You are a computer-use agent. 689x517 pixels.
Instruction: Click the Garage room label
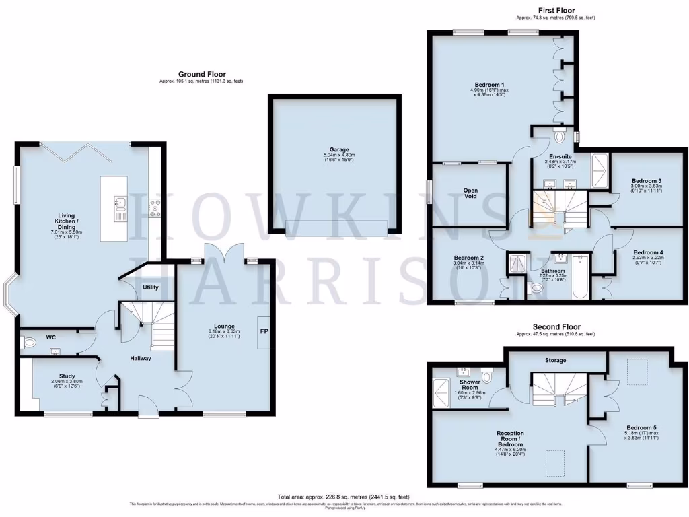335,149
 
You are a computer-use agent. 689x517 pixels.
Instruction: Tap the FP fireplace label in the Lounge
264,331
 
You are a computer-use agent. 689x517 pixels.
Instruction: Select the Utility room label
150,287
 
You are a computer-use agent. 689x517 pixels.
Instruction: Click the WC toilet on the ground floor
29,343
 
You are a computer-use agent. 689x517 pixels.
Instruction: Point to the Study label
63,376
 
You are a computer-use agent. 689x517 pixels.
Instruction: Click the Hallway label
141,358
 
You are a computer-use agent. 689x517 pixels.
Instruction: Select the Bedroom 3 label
646,180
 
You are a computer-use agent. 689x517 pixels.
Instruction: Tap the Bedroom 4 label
648,252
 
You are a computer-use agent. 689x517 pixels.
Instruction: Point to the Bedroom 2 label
468,258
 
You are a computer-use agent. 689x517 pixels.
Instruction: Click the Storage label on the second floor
555,360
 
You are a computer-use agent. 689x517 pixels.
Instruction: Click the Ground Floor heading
202,74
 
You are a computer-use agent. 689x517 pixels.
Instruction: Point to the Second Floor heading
556,327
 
